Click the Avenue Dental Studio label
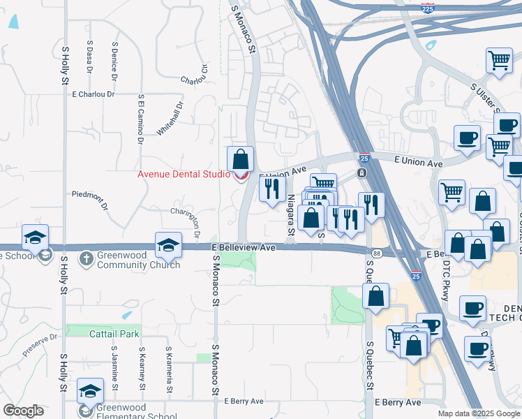click(184, 174)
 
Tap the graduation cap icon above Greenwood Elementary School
click(90, 391)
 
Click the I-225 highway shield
click(428, 8)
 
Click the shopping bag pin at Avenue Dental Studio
click(240, 160)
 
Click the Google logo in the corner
click(23, 411)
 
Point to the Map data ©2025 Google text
click(479, 413)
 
